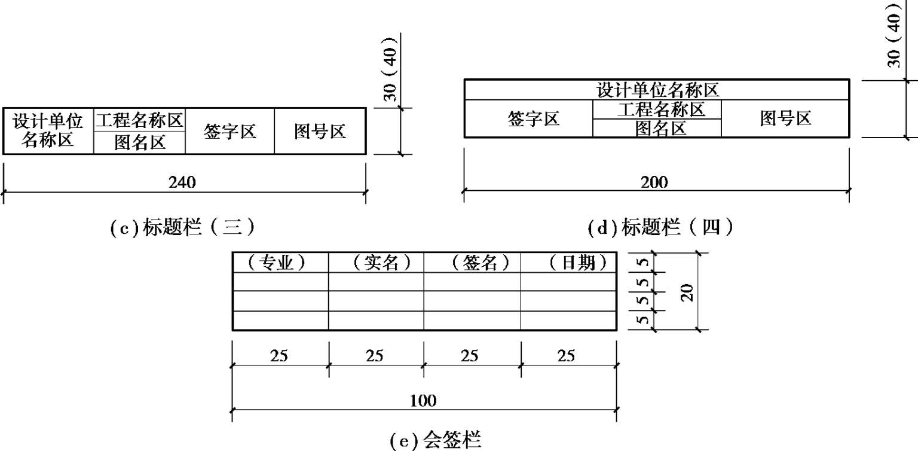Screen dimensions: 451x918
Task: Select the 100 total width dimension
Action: tap(423, 401)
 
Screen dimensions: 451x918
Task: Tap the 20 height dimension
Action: tap(687, 292)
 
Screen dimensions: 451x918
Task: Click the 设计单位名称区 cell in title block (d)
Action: tap(657, 90)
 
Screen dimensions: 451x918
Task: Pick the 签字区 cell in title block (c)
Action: tap(229, 132)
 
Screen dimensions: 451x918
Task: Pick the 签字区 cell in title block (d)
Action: tap(533, 119)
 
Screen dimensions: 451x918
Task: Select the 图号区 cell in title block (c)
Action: tap(320, 132)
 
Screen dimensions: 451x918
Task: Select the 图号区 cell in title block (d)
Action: tap(785, 119)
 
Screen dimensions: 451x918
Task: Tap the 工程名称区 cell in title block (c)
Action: tap(139, 120)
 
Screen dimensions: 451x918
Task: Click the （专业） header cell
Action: tap(280, 263)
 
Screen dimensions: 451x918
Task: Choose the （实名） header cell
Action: tap(376, 263)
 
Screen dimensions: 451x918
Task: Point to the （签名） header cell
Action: tap(472, 263)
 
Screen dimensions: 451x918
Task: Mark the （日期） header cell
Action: tap(568, 263)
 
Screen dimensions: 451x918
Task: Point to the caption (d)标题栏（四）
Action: tap(660, 228)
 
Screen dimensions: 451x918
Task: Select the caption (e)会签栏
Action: tap(434, 441)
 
